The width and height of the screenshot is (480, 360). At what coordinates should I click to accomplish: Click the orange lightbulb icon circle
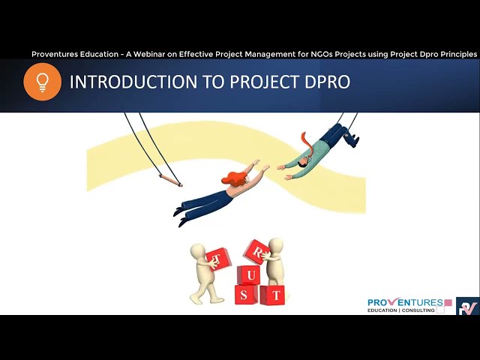42,82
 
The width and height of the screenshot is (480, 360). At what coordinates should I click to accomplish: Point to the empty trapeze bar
169,180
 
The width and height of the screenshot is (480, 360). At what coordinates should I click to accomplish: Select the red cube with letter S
245,295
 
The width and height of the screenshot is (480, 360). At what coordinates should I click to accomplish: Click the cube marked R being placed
255,250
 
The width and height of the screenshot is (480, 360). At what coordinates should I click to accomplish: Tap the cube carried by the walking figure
218,259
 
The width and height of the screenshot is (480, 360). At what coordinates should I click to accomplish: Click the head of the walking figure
199,250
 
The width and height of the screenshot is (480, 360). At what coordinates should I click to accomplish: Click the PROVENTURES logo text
405,302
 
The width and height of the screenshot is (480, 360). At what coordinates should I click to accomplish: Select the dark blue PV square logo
467,306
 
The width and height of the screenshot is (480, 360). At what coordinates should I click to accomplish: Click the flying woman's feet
179,217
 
